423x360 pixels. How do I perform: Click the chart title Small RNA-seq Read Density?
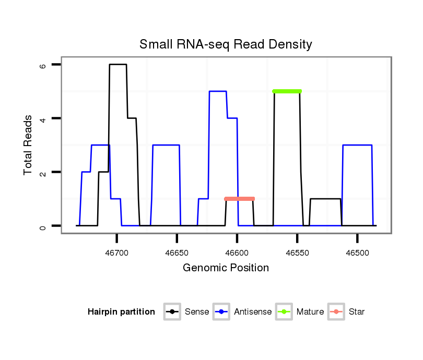click(226, 44)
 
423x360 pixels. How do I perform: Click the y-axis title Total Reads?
click(28, 145)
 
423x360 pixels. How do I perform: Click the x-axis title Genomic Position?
click(226, 268)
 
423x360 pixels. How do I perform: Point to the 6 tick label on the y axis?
click(43, 65)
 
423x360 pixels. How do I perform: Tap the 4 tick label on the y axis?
click(43, 118)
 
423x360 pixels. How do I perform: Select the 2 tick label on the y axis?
click(43, 172)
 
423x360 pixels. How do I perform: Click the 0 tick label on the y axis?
click(43, 226)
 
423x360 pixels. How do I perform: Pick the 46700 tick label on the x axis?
click(117, 253)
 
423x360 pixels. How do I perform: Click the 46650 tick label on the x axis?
click(177, 253)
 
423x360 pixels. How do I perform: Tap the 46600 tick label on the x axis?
click(237, 253)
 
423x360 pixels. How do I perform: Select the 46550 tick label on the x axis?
click(297, 253)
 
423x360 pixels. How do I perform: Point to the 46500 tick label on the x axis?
click(357, 253)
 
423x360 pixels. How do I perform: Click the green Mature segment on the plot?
click(287, 91)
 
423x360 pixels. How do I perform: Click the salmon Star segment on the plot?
click(239, 199)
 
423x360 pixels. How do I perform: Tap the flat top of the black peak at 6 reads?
click(118, 65)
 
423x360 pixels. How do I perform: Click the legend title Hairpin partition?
click(121, 312)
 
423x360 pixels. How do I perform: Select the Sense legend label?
click(197, 312)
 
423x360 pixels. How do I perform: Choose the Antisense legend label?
click(253, 312)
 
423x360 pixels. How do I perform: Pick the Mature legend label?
click(310, 312)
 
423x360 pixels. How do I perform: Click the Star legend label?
click(357, 312)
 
